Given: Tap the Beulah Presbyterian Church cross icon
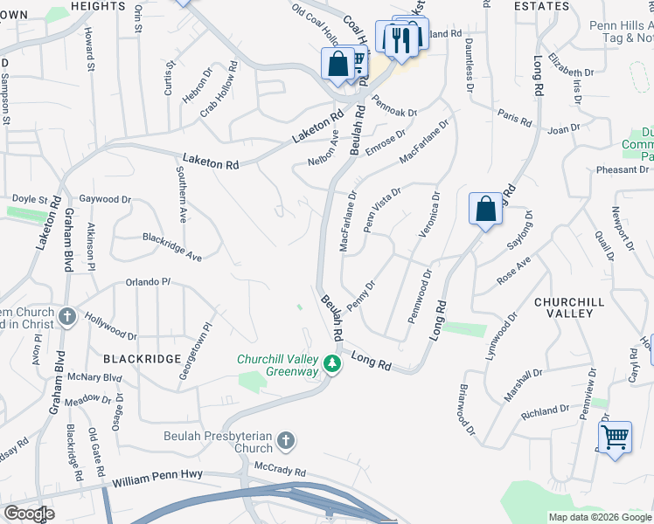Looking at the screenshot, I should point(286,440).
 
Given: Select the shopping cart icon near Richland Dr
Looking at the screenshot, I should point(615,437).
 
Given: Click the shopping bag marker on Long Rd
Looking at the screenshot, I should point(485,210).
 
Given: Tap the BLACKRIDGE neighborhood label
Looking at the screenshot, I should point(142,359).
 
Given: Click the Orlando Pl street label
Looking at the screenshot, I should point(146,283).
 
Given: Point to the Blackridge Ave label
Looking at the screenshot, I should point(172,236).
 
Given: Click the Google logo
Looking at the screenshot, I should point(29,514).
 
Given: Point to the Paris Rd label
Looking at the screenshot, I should point(515,117).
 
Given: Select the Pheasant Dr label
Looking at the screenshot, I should point(623,169).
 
